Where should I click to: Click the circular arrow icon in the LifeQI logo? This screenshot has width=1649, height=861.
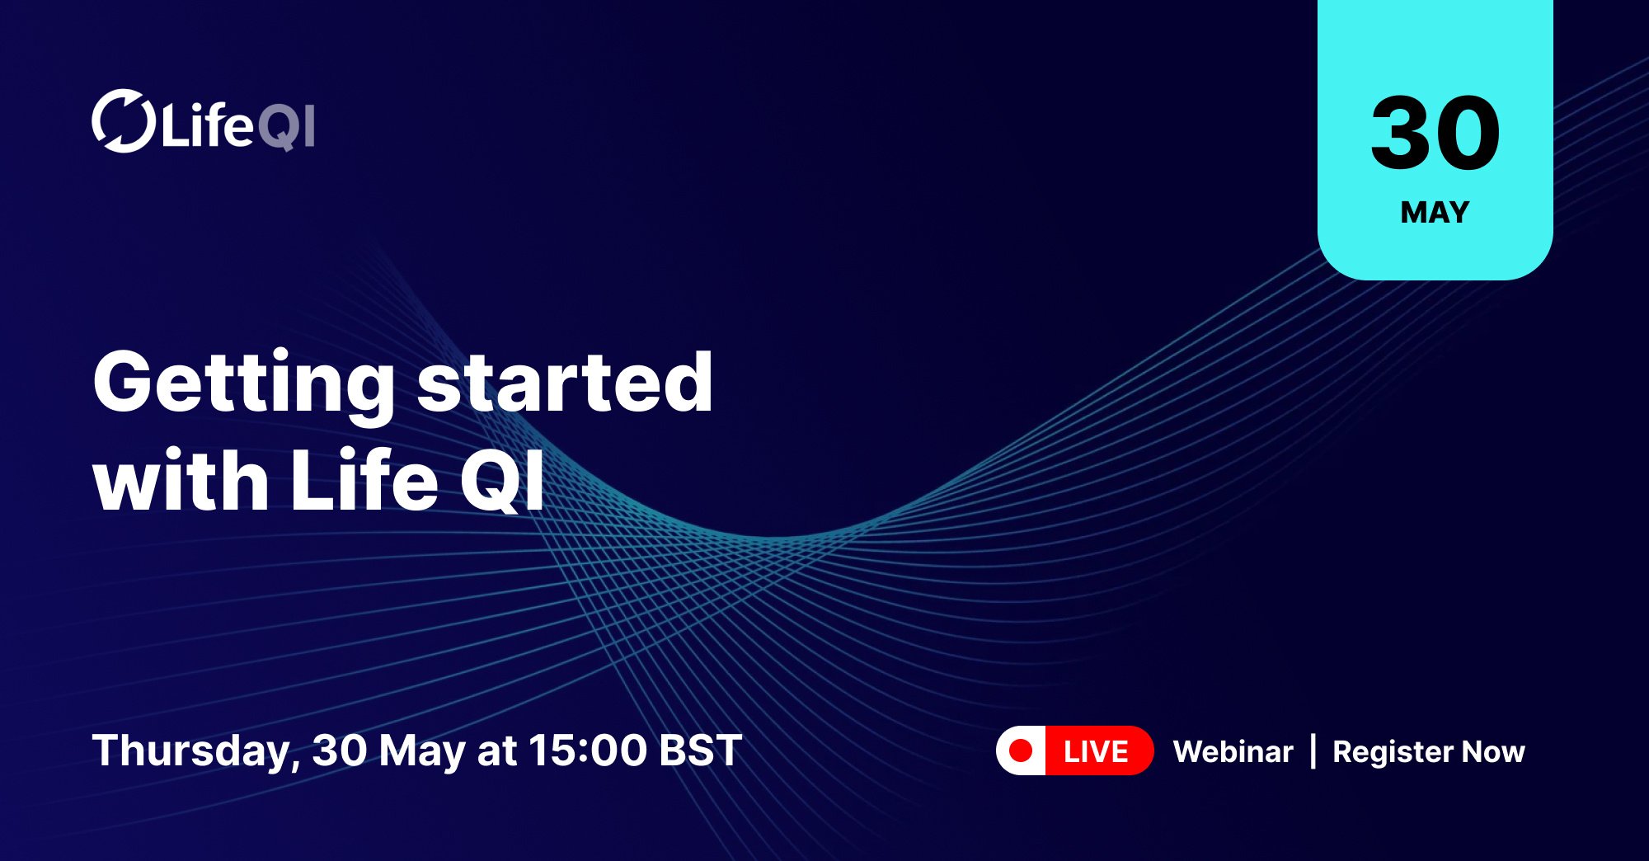click(123, 121)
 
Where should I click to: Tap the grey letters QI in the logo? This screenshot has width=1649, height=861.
click(286, 127)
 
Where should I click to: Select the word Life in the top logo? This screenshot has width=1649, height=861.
click(207, 125)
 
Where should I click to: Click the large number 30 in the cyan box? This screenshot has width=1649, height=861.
click(1435, 133)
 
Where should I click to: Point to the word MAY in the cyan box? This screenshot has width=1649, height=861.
click(1435, 213)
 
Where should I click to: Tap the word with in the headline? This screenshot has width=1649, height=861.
click(181, 481)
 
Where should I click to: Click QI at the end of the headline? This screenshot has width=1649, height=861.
click(502, 481)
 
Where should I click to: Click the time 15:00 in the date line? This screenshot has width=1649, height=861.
click(587, 750)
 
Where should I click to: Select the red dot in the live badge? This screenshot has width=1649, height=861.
click(1021, 750)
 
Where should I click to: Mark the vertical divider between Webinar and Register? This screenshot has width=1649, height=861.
click(1313, 751)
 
